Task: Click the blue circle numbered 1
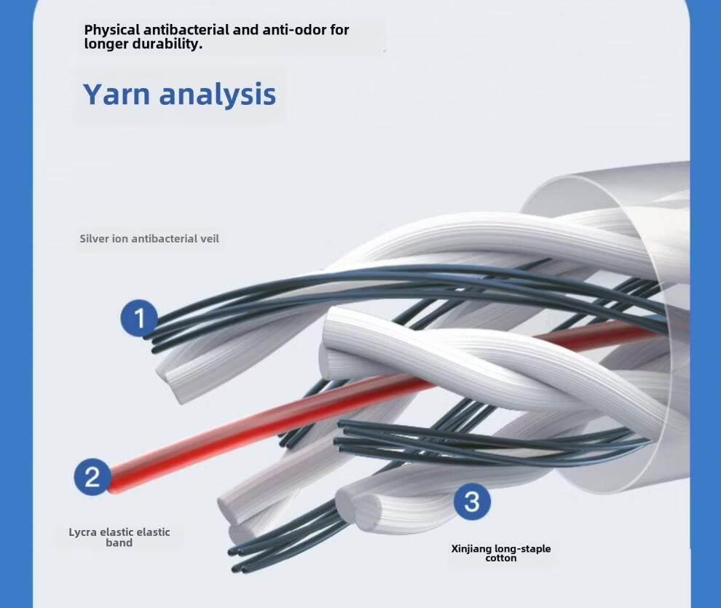pos(139,318)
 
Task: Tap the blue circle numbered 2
pos(92,477)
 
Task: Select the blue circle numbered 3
pos(472,502)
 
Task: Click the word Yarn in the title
pos(117,95)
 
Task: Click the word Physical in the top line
pos(112,31)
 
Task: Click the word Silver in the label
pos(94,239)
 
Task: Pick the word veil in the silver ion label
pos(210,239)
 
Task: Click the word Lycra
pos(83,532)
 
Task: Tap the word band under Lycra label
pos(119,542)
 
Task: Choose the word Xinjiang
pos(471,549)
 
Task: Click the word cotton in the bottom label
pos(501,558)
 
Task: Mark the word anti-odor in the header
pos(300,31)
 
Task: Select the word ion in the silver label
pos(120,239)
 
